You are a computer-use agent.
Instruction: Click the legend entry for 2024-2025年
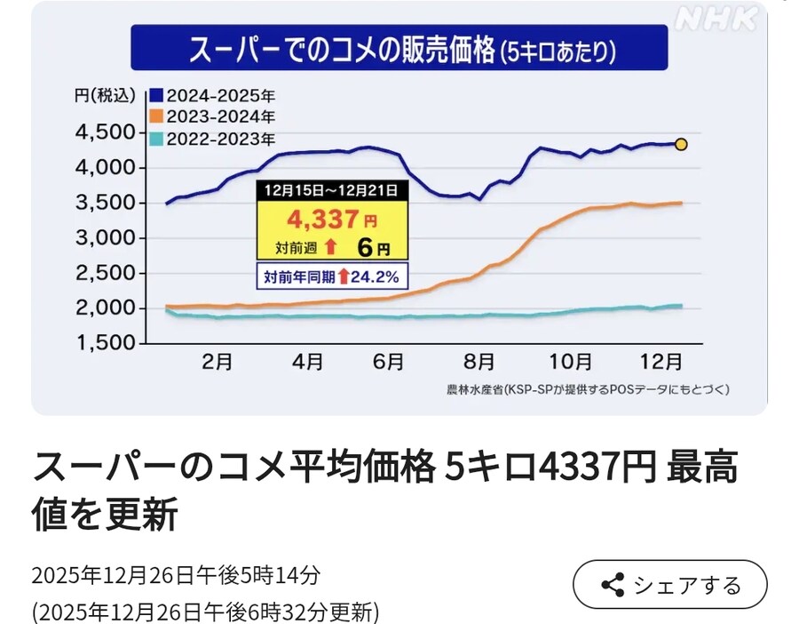(212, 95)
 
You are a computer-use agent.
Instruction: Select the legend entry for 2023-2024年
(212, 116)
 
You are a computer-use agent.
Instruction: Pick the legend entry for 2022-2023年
(212, 138)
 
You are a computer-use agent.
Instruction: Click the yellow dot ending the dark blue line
(681, 144)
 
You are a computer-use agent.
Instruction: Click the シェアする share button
(669, 585)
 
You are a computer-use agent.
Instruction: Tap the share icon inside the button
(613, 585)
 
